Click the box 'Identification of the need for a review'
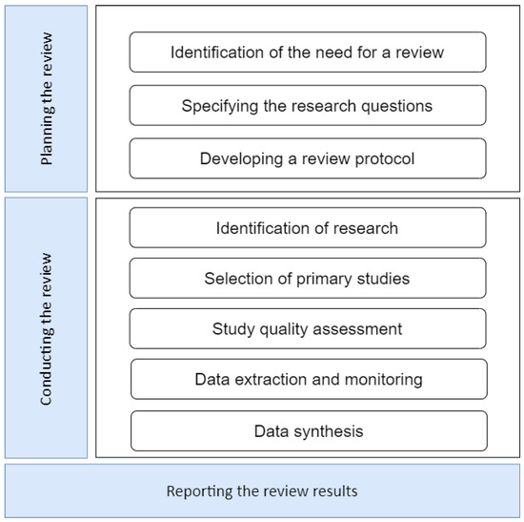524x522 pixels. coord(308,52)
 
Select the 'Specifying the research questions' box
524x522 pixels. coord(308,105)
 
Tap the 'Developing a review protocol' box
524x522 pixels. coord(308,158)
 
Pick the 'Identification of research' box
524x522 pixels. coord(308,228)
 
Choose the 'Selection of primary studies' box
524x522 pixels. coord(308,279)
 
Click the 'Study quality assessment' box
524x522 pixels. coord(308,329)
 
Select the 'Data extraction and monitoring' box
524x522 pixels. coord(308,380)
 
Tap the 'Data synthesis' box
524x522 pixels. coord(308,431)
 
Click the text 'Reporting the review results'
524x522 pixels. coord(262,491)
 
